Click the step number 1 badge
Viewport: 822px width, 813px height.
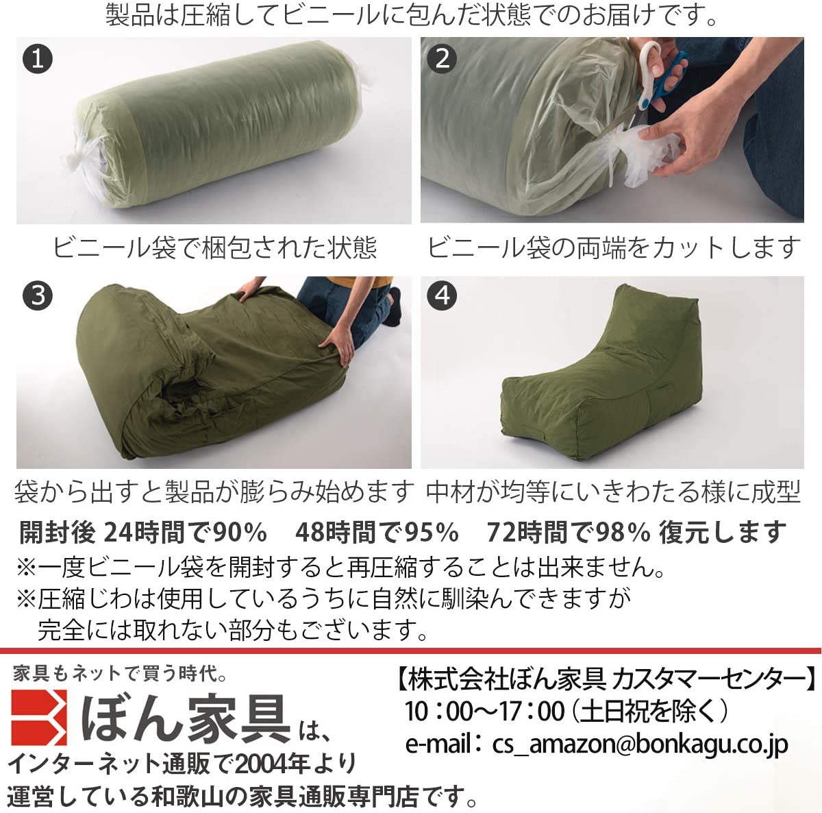[x=38, y=59]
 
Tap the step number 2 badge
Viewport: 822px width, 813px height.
[x=442, y=58]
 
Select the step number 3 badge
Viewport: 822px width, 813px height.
[x=38, y=295]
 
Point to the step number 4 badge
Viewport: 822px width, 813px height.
[x=442, y=295]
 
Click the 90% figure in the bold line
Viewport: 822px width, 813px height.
[x=240, y=533]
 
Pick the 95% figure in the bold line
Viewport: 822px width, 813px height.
[x=431, y=533]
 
